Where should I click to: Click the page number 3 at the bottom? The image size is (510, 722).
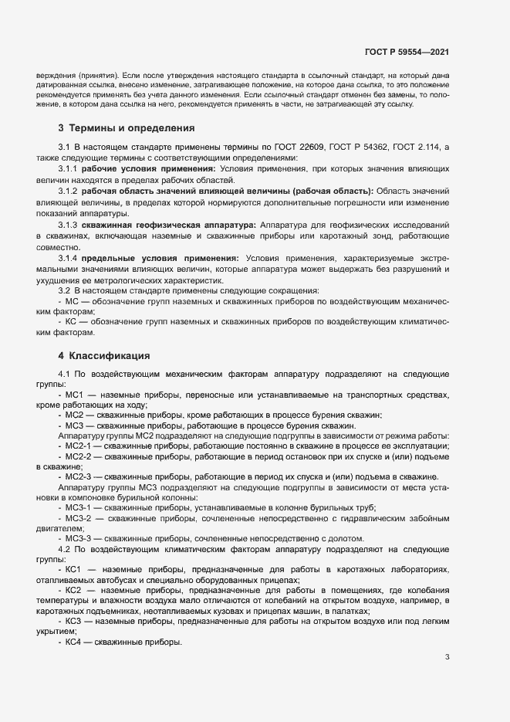tap(447, 657)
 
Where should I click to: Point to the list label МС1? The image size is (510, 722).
tap(75, 395)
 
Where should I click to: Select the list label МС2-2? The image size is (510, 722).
tap(79, 456)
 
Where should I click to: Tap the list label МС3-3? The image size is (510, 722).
tap(79, 538)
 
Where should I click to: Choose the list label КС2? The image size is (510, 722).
tap(75, 590)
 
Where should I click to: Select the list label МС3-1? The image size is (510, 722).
tap(79, 507)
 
